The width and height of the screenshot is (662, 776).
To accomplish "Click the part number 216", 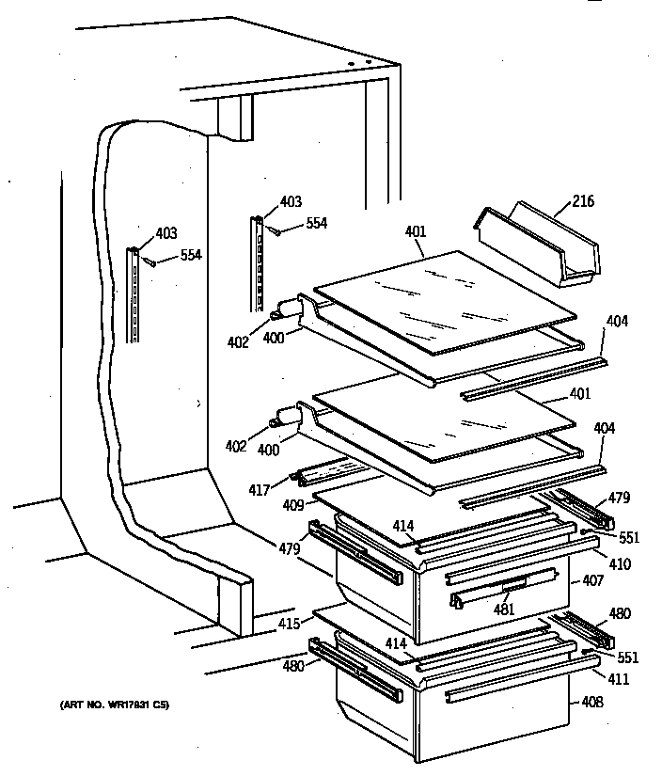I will [x=583, y=201].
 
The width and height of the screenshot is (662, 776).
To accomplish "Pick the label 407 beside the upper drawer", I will [x=592, y=580].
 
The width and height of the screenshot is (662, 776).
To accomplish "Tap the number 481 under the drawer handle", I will [x=506, y=607].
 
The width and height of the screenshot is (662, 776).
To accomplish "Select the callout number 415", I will [x=288, y=624].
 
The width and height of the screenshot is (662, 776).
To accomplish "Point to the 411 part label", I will [x=617, y=679].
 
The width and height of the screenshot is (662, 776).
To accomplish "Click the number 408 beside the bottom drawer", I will [x=592, y=701].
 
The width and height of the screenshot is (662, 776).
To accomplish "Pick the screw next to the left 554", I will [x=150, y=263].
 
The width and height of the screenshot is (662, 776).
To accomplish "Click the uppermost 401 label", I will [x=416, y=231].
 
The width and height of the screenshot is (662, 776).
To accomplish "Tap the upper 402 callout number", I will [x=237, y=342].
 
